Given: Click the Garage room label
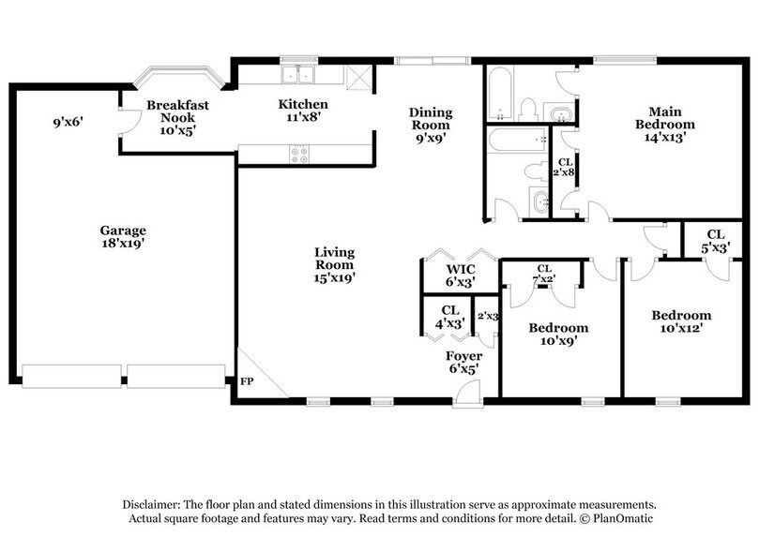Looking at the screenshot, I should [124, 231].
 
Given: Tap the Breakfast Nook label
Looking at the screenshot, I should [177, 112].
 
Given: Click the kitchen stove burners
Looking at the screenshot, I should [301, 155].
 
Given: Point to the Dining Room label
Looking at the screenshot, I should [430, 119].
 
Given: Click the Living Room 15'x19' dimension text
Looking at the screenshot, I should [335, 276].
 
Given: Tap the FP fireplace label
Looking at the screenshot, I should [248, 382].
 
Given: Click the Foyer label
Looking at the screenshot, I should [463, 357].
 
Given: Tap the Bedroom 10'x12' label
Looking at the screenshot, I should [681, 321].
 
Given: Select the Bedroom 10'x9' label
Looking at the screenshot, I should [558, 335].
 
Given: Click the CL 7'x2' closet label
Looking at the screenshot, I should [544, 273].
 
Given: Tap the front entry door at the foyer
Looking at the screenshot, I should [463, 401].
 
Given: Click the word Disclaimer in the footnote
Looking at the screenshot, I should [152, 504].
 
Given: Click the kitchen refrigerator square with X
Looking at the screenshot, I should [358, 76].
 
